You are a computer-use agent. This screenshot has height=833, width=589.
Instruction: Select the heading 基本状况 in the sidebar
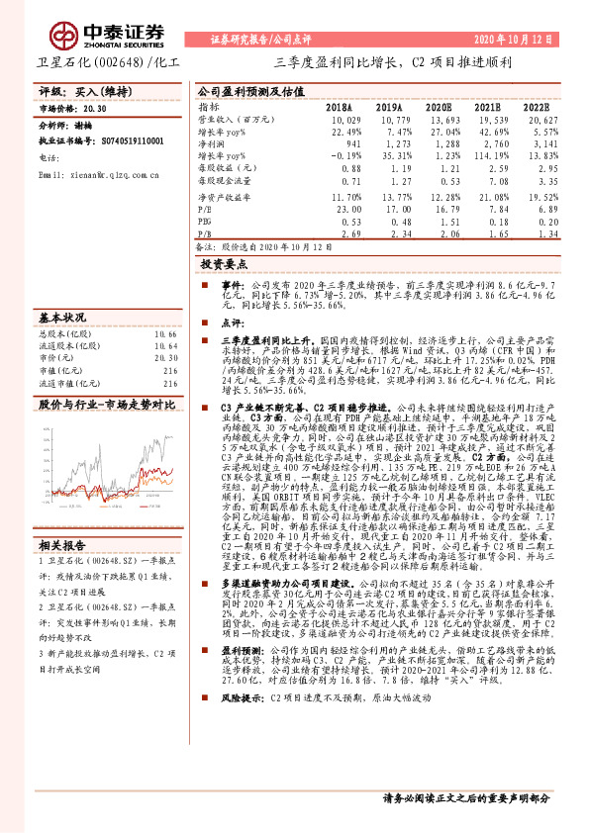[x=60, y=320]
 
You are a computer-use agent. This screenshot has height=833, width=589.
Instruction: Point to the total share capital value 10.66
[x=165, y=334]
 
